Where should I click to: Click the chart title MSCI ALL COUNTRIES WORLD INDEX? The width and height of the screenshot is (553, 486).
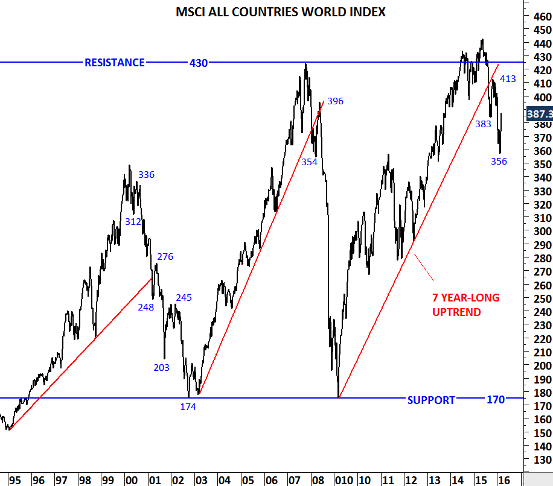[x=280, y=12]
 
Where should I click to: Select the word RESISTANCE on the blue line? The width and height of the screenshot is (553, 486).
[x=115, y=63]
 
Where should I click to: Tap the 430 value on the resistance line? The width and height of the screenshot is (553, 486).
[x=199, y=63]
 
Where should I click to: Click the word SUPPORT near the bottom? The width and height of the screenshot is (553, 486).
[x=431, y=400]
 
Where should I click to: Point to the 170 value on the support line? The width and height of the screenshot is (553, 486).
[x=496, y=400]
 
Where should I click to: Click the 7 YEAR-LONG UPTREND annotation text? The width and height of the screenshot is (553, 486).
[x=465, y=305]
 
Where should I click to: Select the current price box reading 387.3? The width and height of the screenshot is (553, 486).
[x=539, y=113]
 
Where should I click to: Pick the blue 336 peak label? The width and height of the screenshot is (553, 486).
[x=147, y=175]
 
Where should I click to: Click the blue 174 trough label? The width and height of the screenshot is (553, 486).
[x=188, y=406]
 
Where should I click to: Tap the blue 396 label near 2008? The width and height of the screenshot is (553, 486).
[x=335, y=101]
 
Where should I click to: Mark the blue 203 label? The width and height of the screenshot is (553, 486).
[x=162, y=367]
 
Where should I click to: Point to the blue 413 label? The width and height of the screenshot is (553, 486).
[x=508, y=78]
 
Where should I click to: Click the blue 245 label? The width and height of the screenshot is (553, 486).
[x=184, y=297]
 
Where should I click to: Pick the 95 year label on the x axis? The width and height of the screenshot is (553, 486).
[x=15, y=480]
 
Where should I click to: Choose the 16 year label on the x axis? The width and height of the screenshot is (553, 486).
[x=502, y=480]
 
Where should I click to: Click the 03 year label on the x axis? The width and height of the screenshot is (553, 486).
[x=201, y=480]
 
